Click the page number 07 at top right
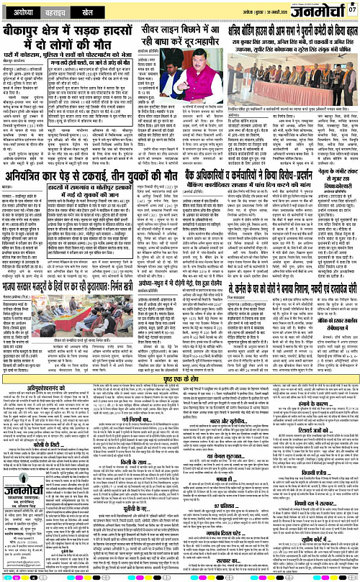click(351, 9)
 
